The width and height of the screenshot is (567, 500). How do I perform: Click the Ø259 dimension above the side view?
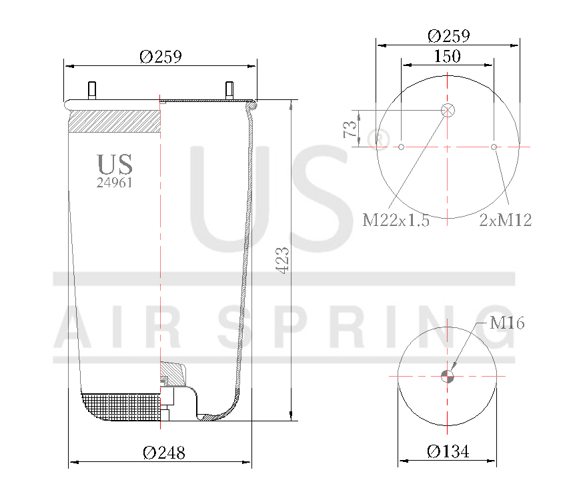[x=160, y=57]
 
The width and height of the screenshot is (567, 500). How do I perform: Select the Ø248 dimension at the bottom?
[x=163, y=453]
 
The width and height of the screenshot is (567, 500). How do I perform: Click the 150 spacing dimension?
[x=447, y=57]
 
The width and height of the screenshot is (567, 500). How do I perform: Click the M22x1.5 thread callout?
[x=396, y=220]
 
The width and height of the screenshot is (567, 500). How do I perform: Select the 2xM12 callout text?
[x=506, y=220]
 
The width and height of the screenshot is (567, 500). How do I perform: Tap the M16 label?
[x=507, y=323]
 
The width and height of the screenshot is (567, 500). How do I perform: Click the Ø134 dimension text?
[x=448, y=452]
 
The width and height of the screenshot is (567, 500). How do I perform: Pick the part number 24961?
[x=115, y=183]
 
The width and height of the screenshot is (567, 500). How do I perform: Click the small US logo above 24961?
[x=115, y=164]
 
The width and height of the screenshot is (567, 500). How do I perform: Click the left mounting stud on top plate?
[x=91, y=90]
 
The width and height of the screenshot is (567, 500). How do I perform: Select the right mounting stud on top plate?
[x=229, y=89]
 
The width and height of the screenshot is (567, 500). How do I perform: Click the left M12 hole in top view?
[x=401, y=147]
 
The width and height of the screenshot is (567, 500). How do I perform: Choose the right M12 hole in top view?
[x=494, y=147]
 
